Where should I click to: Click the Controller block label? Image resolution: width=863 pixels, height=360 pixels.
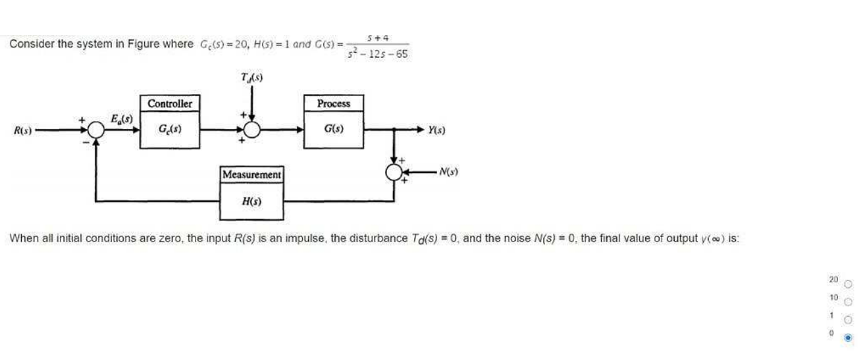click(x=170, y=104)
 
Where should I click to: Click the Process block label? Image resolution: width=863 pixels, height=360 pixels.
click(x=333, y=104)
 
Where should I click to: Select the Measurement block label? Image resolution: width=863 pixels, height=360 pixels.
click(x=251, y=175)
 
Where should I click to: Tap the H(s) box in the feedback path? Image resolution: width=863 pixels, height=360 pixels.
click(x=251, y=201)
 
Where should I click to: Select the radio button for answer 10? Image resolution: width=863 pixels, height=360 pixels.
click(x=848, y=302)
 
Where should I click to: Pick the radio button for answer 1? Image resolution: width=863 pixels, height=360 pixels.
click(x=848, y=320)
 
